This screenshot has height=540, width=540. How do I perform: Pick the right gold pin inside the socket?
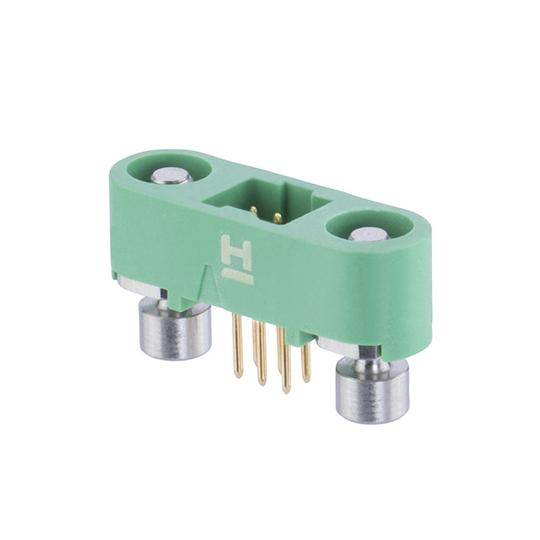tap(278, 218)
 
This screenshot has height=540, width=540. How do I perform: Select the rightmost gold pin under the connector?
tap(305, 358)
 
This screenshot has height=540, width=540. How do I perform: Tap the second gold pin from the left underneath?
tap(260, 354)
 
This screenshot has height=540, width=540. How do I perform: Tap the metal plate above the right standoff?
tap(346, 347)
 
